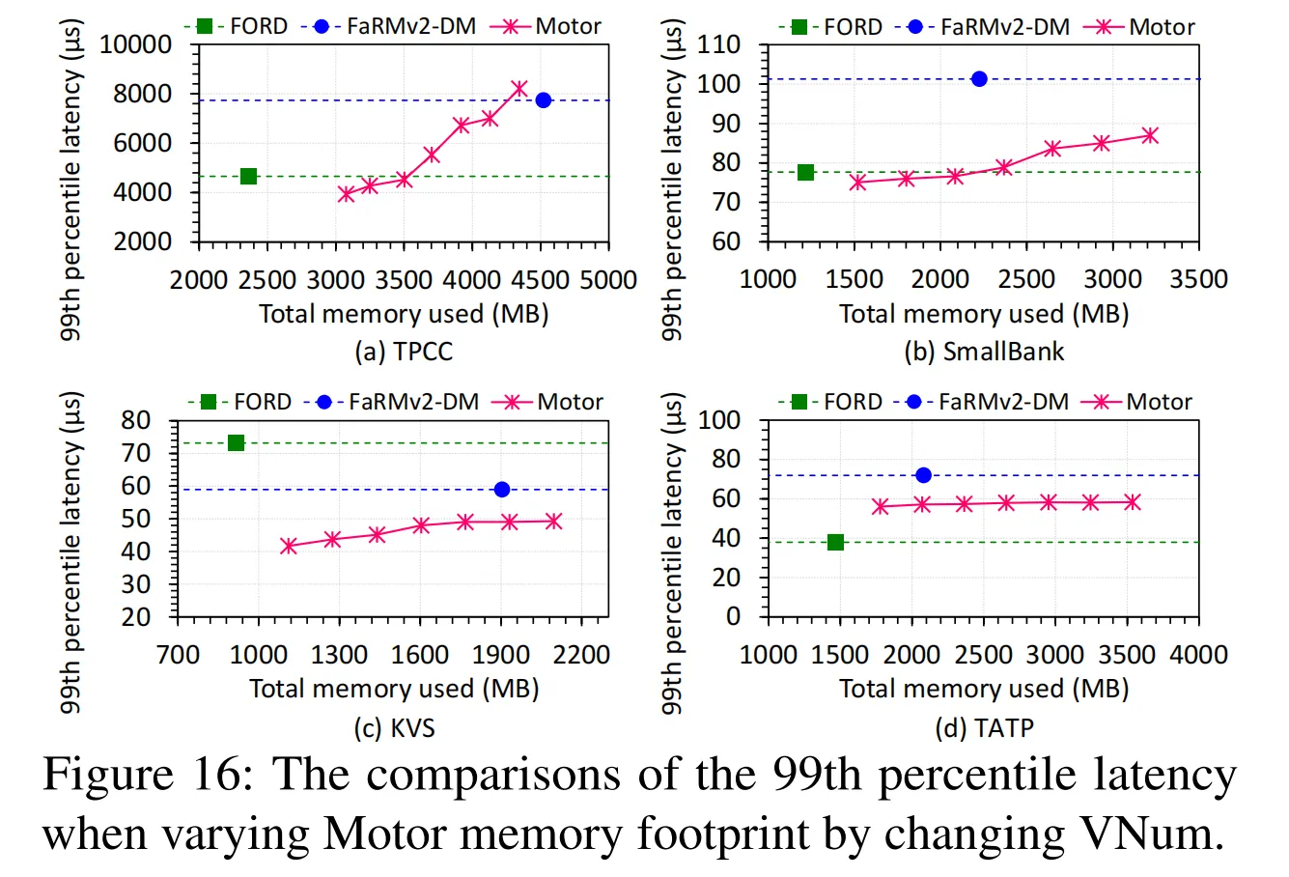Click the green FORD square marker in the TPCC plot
248,176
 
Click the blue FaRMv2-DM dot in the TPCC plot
544,100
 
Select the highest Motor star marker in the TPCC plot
519,89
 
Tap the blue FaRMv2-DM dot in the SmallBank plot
979,79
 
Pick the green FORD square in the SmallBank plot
805,173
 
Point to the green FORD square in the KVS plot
236,443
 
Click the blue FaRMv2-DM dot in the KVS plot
501,490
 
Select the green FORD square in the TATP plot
835,543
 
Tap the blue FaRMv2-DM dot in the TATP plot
923,475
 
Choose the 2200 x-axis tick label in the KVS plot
582,655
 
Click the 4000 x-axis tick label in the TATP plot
1198,655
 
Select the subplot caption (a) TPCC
404,352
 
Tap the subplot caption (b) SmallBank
984,352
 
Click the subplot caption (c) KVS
394,727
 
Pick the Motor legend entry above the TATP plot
1138,402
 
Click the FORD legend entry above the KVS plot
241,402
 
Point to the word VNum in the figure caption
1143,833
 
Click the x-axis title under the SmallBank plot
984,314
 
